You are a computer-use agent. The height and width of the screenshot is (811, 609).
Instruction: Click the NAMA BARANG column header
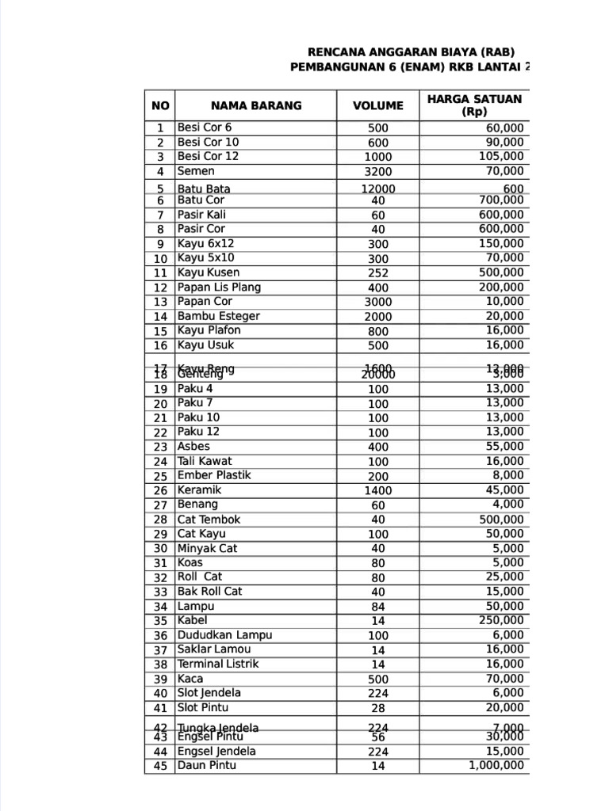[256, 105]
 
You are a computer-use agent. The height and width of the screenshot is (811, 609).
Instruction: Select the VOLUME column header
[378, 105]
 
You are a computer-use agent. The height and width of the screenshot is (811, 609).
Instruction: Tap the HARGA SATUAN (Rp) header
[474, 105]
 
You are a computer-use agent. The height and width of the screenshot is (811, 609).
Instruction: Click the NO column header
[160, 105]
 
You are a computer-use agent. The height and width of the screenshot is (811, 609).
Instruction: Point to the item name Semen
[196, 171]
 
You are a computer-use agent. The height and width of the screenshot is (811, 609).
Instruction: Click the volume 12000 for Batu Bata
[378, 188]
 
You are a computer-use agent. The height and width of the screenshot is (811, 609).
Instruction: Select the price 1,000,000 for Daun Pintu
[496, 765]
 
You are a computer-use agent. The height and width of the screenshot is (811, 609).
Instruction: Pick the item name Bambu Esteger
[218, 316]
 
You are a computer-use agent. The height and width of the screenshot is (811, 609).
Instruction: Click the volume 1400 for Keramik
[378, 490]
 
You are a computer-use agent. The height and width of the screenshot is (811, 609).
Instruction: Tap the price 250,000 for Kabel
[501, 620]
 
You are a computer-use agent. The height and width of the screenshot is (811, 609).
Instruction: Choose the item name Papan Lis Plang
[219, 287]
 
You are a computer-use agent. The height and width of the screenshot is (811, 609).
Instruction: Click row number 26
[160, 490]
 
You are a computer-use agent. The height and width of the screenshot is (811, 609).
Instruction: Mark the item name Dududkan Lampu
[224, 635]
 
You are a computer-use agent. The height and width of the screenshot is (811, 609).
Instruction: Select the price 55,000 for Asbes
[504, 447]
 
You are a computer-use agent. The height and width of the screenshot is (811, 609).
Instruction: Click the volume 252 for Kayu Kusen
[378, 273]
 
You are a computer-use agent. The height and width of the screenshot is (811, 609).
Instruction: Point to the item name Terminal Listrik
[218, 664]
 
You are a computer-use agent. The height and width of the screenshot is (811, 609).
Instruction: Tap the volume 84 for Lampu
[378, 607]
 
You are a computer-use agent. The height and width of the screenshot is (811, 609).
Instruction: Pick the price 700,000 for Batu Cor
[501, 200]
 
